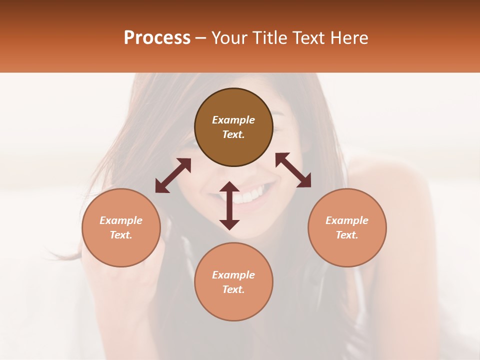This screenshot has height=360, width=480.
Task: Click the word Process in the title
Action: (x=157, y=38)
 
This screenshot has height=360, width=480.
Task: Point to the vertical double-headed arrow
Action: (x=229, y=205)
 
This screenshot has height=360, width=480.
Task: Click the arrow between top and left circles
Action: (x=173, y=175)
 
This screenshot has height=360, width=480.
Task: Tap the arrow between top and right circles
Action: (x=293, y=170)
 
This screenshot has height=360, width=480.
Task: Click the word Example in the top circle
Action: (x=233, y=120)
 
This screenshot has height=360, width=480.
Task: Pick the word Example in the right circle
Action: (x=347, y=220)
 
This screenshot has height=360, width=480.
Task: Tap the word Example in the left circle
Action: (x=121, y=220)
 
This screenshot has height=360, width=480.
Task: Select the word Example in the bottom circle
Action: (x=233, y=275)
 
